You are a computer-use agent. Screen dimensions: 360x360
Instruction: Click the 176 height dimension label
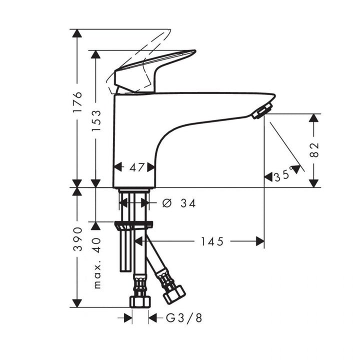(x=77, y=102)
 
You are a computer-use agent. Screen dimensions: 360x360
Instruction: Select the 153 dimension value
(x=95, y=120)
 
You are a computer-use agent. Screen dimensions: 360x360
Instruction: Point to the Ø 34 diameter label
(x=179, y=203)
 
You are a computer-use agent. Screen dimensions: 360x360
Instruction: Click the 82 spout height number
(x=314, y=150)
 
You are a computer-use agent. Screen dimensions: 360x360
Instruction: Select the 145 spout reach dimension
(x=212, y=241)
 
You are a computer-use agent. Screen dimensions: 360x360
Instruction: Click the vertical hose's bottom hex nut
(x=139, y=301)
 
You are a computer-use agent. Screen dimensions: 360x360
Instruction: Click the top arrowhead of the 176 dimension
(x=76, y=33)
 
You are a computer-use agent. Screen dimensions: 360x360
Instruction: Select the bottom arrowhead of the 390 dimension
(x=76, y=303)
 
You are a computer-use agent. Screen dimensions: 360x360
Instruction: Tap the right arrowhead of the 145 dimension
(x=260, y=241)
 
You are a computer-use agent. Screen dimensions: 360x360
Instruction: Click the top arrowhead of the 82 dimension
(x=313, y=118)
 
